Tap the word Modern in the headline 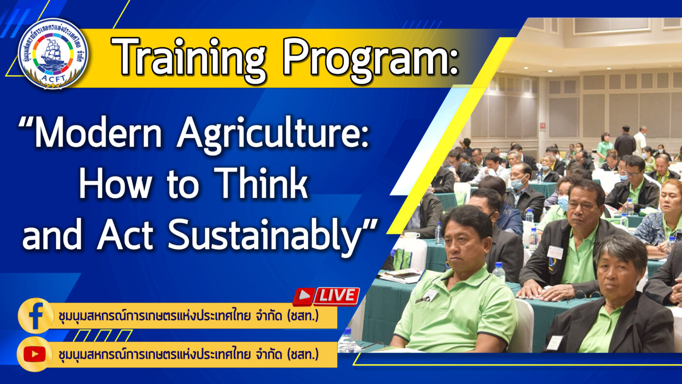coord(98,133)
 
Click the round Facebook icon coord(35,315)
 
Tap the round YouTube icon coord(35,354)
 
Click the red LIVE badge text coord(336,296)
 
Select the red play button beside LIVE coord(303,296)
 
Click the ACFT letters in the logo coord(54,78)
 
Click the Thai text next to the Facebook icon coord(189,316)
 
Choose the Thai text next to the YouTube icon coord(189,354)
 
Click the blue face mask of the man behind coord(563,202)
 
